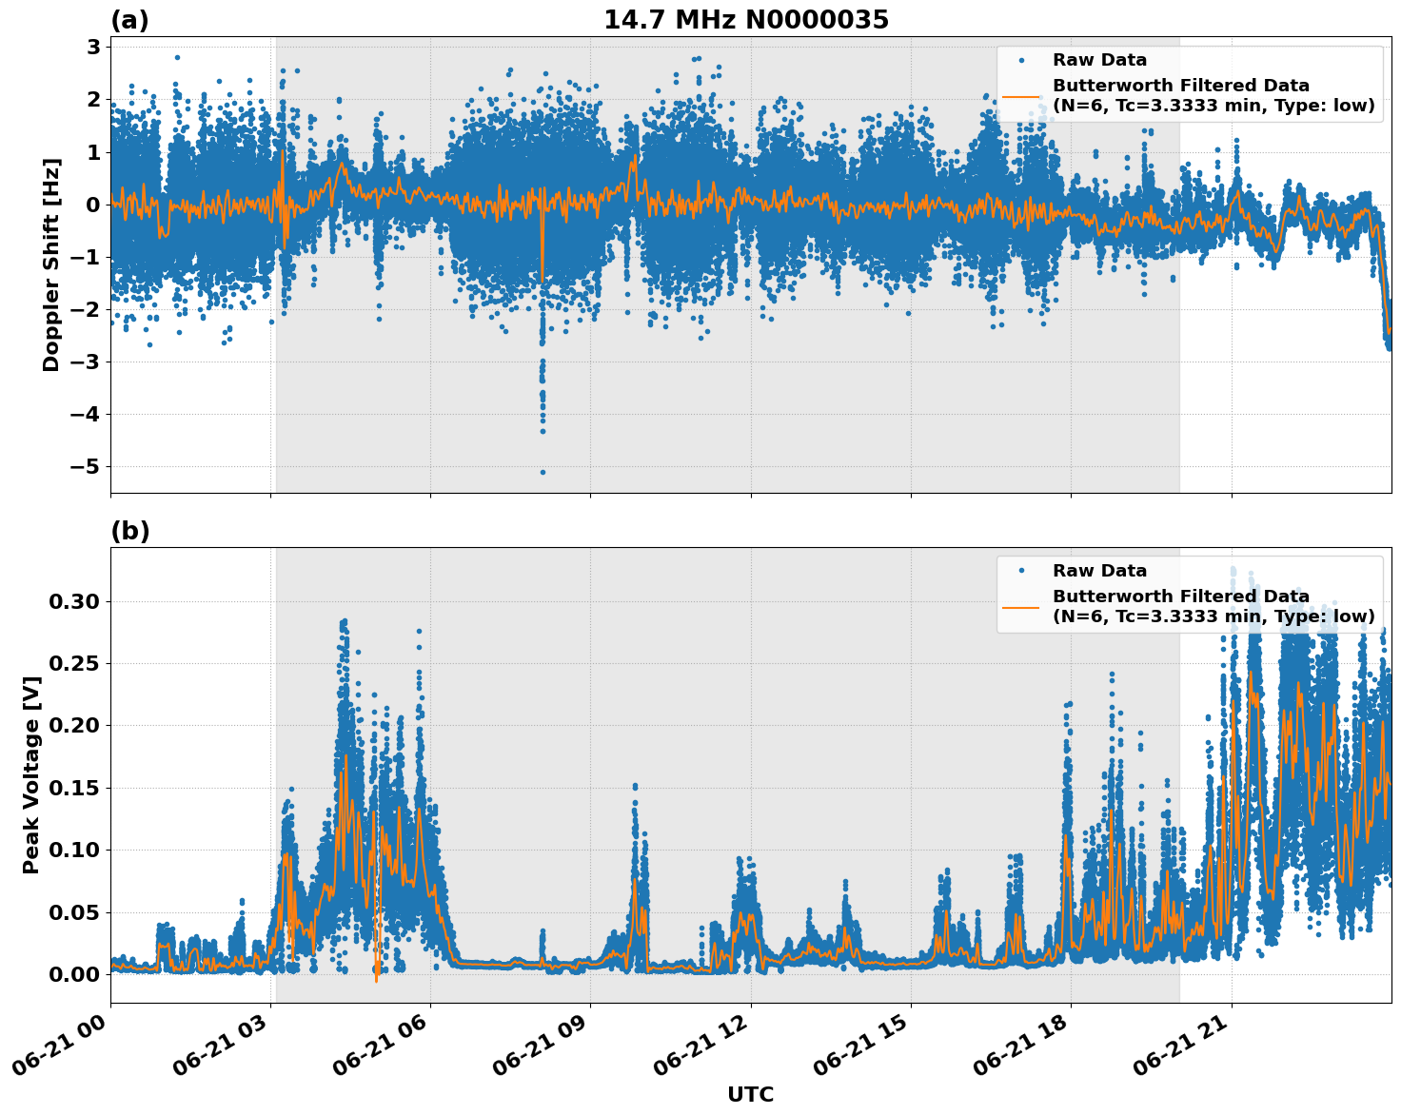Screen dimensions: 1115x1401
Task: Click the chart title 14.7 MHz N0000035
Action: pyautogui.click(x=745, y=20)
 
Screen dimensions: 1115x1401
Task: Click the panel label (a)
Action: pyautogui.click(x=129, y=20)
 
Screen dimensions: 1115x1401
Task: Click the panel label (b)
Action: pyautogui.click(x=129, y=531)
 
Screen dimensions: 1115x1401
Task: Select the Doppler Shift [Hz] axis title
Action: pyautogui.click(x=51, y=264)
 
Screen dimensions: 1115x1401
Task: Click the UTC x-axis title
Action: pyautogui.click(x=750, y=1094)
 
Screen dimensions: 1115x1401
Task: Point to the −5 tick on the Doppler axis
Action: pyautogui.click(x=85, y=466)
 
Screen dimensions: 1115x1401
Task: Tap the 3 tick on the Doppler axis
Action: pyautogui.click(x=94, y=47)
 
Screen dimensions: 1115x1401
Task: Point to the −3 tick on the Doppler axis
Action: pyautogui.click(x=85, y=362)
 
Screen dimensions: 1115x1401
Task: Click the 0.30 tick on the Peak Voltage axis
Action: pyautogui.click(x=73, y=601)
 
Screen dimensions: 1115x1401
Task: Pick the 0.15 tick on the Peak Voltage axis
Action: pyautogui.click(x=73, y=788)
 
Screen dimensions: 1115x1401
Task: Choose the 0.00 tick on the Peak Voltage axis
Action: pyautogui.click(x=73, y=974)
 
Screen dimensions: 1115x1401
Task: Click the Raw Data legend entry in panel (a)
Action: pyautogui.click(x=1099, y=60)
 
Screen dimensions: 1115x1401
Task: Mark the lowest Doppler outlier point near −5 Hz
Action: pyautogui.click(x=543, y=472)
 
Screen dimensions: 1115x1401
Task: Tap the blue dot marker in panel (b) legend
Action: pyautogui.click(x=1021, y=571)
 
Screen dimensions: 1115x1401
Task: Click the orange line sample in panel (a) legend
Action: pyautogui.click(x=1021, y=95)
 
